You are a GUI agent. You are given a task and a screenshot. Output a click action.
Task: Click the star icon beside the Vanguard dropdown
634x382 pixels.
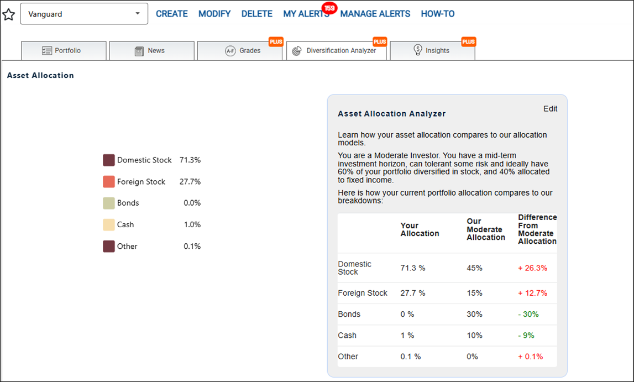[8, 14]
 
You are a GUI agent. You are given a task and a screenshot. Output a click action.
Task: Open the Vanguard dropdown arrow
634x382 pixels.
[138, 14]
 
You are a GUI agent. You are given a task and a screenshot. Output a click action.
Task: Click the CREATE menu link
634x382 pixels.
[172, 14]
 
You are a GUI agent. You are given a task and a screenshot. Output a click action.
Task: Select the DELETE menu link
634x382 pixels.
[257, 14]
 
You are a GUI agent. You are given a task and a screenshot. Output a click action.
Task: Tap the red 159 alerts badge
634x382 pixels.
[329, 8]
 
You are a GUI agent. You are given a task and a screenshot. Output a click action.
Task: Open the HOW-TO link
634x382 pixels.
[437, 14]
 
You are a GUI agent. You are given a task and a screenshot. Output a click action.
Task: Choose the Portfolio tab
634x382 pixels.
[64, 50]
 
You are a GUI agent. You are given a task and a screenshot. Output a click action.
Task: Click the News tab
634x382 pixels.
[151, 50]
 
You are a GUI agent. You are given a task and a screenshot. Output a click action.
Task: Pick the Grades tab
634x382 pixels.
[240, 50]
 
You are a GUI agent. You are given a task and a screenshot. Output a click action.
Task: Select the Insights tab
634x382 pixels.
[432, 50]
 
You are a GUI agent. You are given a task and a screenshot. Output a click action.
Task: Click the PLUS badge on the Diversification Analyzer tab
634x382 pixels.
[380, 41]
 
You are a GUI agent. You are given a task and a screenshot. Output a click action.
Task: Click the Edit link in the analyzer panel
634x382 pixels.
[551, 109]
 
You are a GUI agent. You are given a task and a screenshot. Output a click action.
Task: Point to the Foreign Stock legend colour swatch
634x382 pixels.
[109, 182]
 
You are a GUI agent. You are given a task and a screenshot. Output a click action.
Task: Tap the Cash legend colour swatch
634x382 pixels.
[109, 225]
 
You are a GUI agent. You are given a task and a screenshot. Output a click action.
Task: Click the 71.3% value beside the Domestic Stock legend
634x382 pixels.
[190, 160]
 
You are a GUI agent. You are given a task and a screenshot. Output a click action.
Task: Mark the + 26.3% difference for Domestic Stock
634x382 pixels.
[532, 268]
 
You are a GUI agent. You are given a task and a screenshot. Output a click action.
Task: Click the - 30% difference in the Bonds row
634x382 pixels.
[528, 314]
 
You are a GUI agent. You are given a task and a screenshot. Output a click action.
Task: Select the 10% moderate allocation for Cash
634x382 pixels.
[475, 335]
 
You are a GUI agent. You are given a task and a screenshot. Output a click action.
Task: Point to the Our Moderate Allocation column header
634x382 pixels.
[486, 229]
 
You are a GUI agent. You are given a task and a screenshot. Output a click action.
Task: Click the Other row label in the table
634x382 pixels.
[348, 357]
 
